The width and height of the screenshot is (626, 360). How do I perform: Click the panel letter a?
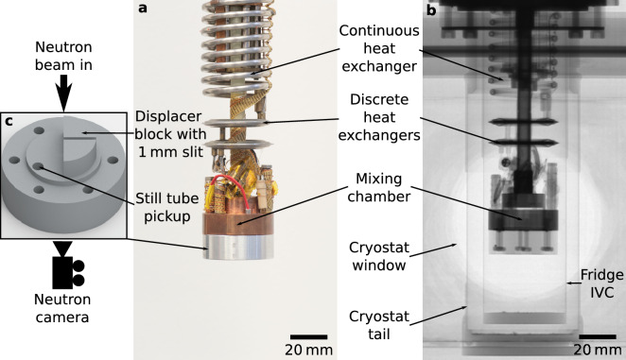click(143, 9)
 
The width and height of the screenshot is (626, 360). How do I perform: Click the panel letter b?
click(431, 11)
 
